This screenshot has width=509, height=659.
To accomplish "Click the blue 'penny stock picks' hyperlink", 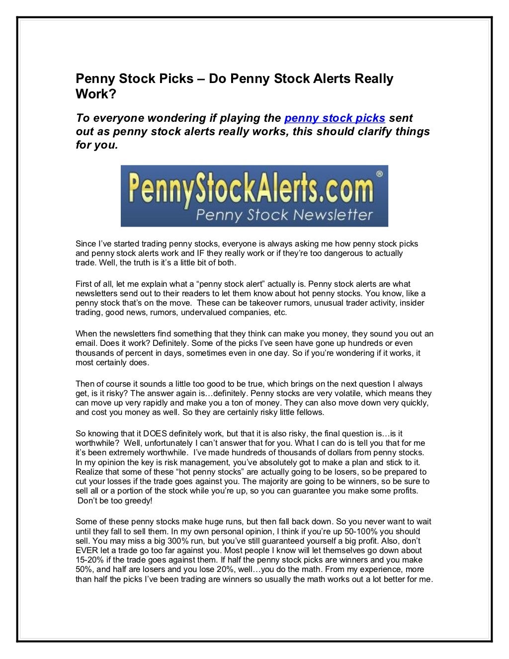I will click(335, 118).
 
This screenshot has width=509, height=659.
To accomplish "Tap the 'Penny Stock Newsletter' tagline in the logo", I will click(284, 215).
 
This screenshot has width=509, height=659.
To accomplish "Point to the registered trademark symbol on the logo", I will click(379, 174).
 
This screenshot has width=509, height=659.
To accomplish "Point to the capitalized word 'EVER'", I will click(86, 550).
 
